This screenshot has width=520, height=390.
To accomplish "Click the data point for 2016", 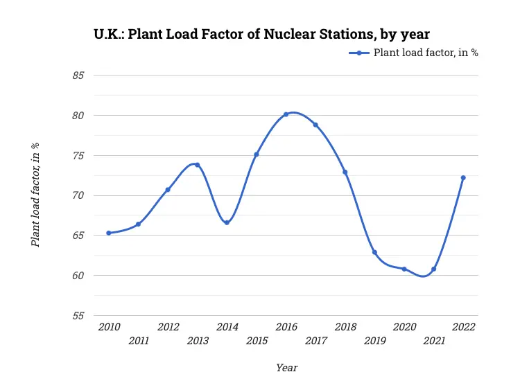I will [286, 114].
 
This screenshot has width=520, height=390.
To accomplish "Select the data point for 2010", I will [109, 233].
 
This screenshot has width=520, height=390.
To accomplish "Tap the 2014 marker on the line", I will [227, 222].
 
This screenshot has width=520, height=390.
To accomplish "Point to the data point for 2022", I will [463, 177].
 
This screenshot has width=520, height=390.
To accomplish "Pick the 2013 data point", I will [197, 165].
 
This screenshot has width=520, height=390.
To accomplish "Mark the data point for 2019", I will [374, 252].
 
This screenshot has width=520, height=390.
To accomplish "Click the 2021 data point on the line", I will [433, 269].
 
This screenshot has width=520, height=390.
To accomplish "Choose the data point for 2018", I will [345, 172].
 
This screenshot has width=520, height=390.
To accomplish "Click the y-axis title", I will [35, 195].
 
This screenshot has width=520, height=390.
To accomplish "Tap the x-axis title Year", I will [286, 367].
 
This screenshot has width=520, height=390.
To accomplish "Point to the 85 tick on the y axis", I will [78, 75].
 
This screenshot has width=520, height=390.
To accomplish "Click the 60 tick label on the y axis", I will [78, 275].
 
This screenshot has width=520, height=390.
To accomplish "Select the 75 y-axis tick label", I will [78, 155].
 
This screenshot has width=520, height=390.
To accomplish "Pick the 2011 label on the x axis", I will [139, 340].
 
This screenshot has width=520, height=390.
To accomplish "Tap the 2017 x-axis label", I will [315, 340].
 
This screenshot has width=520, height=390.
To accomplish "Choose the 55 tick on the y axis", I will [78, 315].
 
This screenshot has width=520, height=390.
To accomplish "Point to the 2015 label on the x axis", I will [257, 340].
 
